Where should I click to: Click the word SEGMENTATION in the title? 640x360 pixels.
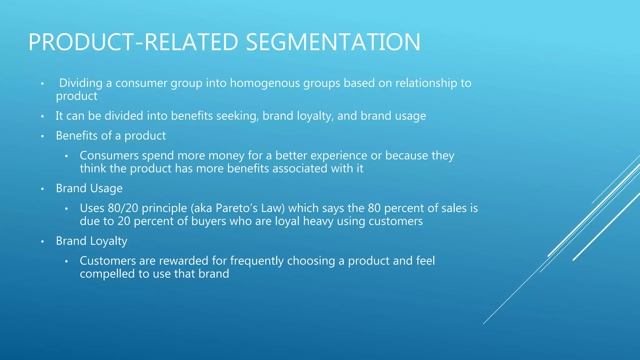[x=333, y=42]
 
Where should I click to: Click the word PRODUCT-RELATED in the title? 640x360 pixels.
[x=133, y=42]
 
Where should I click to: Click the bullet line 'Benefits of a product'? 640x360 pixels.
[x=111, y=136]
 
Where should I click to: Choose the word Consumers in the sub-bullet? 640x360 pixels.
[x=109, y=156]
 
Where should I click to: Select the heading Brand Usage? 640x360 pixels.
[x=89, y=188]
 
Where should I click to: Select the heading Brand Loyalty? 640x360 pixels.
[x=92, y=241]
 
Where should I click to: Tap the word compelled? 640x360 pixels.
[x=107, y=274]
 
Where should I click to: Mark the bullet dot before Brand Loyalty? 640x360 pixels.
[x=42, y=242]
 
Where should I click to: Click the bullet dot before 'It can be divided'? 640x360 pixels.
[x=42, y=117]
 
